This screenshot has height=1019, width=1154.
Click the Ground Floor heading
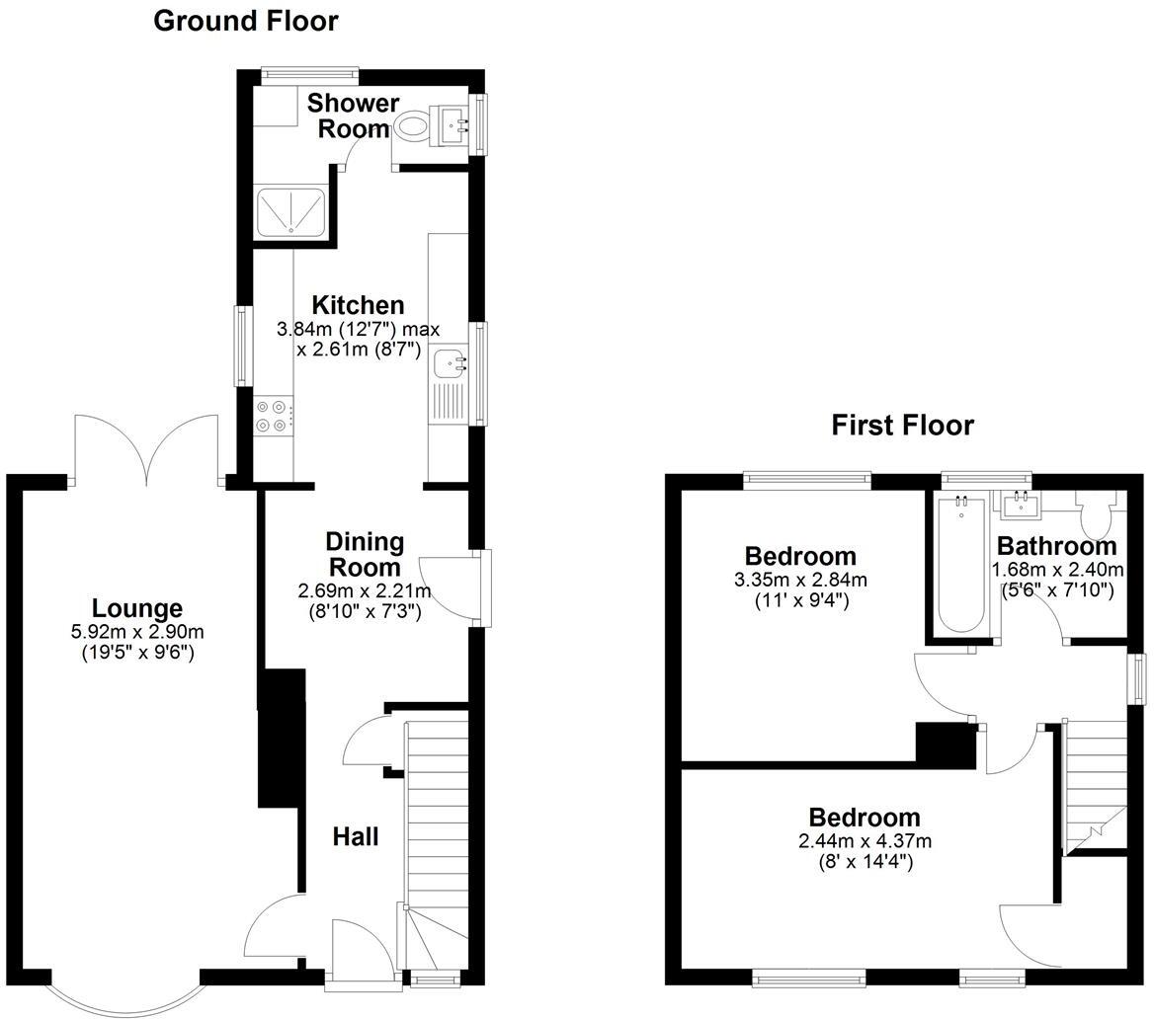(x=245, y=21)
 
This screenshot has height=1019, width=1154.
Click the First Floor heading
(x=902, y=426)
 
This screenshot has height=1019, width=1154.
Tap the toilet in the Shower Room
(x=411, y=126)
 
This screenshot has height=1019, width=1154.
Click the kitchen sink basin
(x=450, y=362)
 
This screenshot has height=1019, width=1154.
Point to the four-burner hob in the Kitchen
(x=274, y=415)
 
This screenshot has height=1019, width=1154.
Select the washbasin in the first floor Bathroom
(x=1018, y=507)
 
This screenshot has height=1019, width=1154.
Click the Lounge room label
(x=137, y=609)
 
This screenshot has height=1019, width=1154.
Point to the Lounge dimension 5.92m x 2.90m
(x=137, y=632)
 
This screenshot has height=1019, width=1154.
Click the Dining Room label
(x=365, y=554)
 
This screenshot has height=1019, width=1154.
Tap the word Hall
(x=355, y=837)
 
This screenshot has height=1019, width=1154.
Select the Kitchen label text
(x=358, y=305)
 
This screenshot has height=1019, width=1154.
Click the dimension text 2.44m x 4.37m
(x=865, y=841)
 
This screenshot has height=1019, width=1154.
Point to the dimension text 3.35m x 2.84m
(x=800, y=580)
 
